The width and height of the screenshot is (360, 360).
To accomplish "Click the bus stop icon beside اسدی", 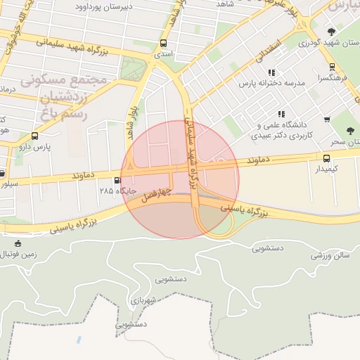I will [x=164, y=43].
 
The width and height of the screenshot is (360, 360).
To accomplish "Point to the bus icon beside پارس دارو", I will [x=35, y=136].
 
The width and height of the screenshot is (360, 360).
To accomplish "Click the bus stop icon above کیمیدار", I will [x=326, y=158].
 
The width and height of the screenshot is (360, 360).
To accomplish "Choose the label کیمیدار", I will [x=327, y=169].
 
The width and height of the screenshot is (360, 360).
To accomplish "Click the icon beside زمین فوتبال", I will [x=18, y=244].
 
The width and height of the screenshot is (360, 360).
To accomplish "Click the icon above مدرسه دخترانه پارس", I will [x=271, y=72].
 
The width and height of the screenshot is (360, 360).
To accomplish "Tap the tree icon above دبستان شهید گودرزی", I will [x=331, y=31].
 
